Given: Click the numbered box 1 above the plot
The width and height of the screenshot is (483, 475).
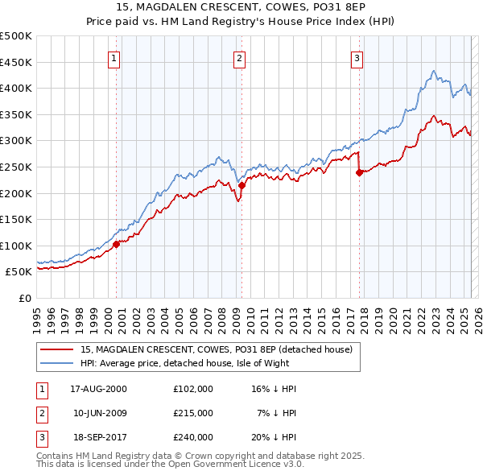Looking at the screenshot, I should (x=114, y=58).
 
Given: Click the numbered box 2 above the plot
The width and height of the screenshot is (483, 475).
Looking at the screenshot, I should (x=240, y=58).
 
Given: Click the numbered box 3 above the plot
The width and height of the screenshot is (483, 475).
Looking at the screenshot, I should (x=357, y=58).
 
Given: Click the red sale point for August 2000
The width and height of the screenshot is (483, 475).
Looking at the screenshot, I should (x=116, y=245).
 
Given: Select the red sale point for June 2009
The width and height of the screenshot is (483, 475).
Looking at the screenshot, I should (x=242, y=185).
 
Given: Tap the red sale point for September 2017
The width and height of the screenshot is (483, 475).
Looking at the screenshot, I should (x=359, y=171).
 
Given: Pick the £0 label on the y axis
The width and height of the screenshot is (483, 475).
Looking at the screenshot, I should (x=26, y=298).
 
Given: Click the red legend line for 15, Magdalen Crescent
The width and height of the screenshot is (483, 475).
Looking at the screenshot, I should (x=56, y=350).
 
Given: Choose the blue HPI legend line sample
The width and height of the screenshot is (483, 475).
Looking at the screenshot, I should (x=56, y=363).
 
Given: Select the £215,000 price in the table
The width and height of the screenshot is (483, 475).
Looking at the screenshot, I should (x=192, y=413).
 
